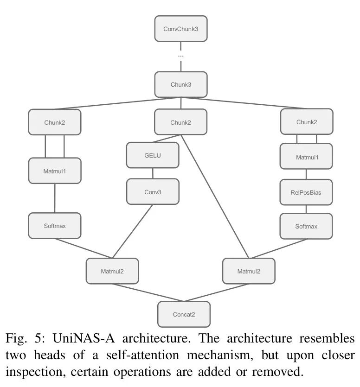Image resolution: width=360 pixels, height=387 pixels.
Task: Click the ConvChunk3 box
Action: (180, 29)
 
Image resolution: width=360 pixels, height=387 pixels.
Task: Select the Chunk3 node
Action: (180, 84)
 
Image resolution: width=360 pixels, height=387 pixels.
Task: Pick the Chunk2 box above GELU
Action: (180, 122)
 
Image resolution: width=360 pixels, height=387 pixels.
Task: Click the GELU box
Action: (153, 155)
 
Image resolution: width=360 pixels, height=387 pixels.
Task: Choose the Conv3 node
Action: (153, 191)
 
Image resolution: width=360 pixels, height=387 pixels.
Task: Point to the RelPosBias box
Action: (306, 192)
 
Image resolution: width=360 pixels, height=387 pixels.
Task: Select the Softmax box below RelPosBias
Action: (306, 226)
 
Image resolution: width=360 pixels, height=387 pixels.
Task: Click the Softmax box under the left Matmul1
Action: (55, 226)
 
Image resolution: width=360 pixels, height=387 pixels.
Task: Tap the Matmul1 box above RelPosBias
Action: (306, 157)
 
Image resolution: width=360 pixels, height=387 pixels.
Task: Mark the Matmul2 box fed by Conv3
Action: (112, 271)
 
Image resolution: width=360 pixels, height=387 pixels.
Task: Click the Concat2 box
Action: (184, 314)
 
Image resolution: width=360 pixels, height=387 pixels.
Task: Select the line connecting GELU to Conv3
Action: (153, 173)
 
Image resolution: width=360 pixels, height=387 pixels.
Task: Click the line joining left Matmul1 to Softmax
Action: (55, 198)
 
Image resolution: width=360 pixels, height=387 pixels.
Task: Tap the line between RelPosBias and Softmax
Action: (306, 209)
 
